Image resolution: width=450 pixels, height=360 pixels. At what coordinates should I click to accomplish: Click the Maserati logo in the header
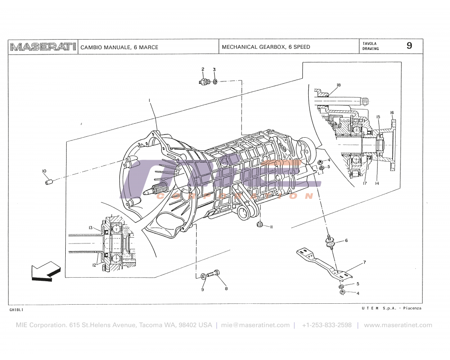click(43, 47)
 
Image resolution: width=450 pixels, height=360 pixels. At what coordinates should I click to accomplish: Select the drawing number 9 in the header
click(409, 46)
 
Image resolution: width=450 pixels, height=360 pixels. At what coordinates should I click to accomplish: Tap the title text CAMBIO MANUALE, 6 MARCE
click(119, 47)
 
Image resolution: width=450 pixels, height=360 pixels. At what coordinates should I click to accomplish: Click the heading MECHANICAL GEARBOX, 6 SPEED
click(266, 47)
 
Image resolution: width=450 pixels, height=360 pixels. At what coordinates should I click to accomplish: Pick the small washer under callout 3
click(216, 82)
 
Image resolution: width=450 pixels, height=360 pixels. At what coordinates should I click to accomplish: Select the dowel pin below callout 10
click(49, 182)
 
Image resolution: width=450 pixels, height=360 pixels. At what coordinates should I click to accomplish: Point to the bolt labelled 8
click(216, 274)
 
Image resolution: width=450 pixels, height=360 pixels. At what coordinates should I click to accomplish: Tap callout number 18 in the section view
click(338, 85)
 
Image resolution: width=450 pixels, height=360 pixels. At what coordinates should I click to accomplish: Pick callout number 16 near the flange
click(392, 112)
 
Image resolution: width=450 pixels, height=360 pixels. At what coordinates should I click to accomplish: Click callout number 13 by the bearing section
click(90, 228)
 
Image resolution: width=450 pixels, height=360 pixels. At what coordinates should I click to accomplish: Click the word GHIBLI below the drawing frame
click(16, 310)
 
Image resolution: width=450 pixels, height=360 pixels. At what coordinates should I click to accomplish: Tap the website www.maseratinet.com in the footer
click(398, 325)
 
